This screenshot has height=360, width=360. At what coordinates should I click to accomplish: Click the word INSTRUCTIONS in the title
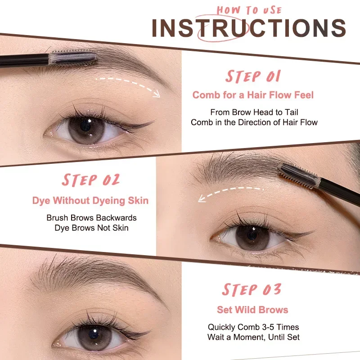[x=249, y=28]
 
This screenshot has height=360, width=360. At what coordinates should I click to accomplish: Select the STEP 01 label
[x=253, y=76]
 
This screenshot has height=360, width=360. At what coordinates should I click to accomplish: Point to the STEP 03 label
[x=252, y=289]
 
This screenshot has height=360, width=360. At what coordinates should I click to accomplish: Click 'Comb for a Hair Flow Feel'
[x=253, y=95]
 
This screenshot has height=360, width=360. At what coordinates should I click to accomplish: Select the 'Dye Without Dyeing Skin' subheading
[x=90, y=201]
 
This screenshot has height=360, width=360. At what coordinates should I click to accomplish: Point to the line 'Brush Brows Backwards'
[x=91, y=218]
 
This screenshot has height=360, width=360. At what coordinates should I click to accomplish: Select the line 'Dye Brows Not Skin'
[x=91, y=228]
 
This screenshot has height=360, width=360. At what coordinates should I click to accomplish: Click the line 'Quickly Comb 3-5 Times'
[x=253, y=327]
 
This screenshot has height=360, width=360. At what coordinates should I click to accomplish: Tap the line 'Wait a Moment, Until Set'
[x=253, y=337]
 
